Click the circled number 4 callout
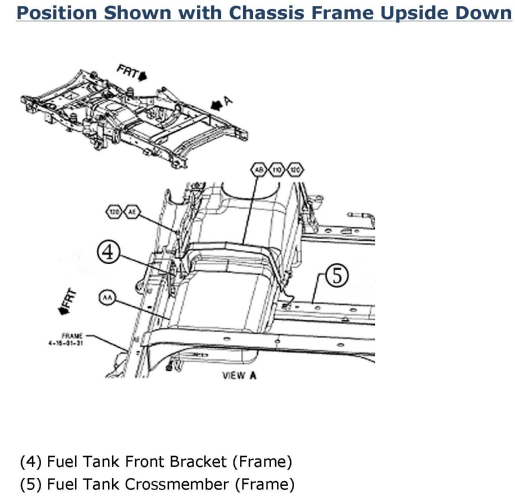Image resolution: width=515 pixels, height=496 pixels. coord(108,252)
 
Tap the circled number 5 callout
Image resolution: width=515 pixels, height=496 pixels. coord(336,276)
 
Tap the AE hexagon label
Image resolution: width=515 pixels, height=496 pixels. coord(132,212)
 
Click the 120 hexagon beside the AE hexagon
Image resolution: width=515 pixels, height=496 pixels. coord(114,212)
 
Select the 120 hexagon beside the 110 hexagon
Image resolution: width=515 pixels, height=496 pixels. coord(295,170)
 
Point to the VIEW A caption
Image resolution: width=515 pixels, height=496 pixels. coord(239,376)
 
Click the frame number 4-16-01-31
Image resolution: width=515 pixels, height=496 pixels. coord(66,342)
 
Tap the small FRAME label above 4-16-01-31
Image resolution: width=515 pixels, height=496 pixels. coord(72,336)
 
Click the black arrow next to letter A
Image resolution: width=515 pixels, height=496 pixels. coord(216,105)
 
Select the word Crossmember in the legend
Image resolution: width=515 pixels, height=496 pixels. coord(177,484)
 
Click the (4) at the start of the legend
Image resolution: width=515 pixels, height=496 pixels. coord(31,462)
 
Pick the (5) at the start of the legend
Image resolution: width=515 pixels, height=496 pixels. coord(31,484)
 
